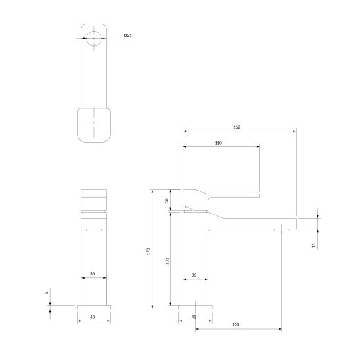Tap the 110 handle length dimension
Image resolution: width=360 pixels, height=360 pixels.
click(219, 143)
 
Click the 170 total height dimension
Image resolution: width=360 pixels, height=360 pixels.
click(148, 250)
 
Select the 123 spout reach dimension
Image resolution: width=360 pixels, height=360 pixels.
click(235, 324)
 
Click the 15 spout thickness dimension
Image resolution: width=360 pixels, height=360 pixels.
click(314, 244)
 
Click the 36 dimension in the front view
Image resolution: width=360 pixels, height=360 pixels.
click(93, 274)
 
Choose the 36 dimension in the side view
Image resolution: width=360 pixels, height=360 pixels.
click(194, 274)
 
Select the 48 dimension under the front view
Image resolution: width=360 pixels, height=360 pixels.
click(93, 317)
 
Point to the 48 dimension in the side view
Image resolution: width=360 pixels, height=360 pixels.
click(194, 317)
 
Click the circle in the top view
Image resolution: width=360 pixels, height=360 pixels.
click(95, 38)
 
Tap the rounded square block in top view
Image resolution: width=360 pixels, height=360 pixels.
click(95, 124)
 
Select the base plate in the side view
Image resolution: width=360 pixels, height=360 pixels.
click(194, 307)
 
